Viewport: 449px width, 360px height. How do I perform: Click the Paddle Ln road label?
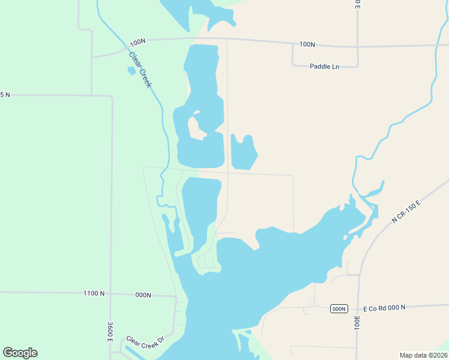324,66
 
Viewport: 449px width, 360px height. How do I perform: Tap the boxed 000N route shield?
339,308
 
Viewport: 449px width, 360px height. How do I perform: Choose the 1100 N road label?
94,293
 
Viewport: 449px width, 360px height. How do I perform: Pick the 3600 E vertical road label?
110,332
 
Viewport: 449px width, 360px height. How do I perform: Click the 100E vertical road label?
357,322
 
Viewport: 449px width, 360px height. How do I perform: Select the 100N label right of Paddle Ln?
307,44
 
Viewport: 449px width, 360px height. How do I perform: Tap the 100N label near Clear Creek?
137,42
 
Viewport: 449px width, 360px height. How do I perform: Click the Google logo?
20,353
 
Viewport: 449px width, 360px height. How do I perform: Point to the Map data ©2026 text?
423,355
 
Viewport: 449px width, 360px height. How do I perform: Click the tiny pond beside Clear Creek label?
131,71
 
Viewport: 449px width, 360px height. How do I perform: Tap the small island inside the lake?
195,127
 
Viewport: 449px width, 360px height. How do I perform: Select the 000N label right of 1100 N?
143,295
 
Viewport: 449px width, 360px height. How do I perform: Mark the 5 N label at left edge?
5,95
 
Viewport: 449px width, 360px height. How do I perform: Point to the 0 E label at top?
357,4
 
